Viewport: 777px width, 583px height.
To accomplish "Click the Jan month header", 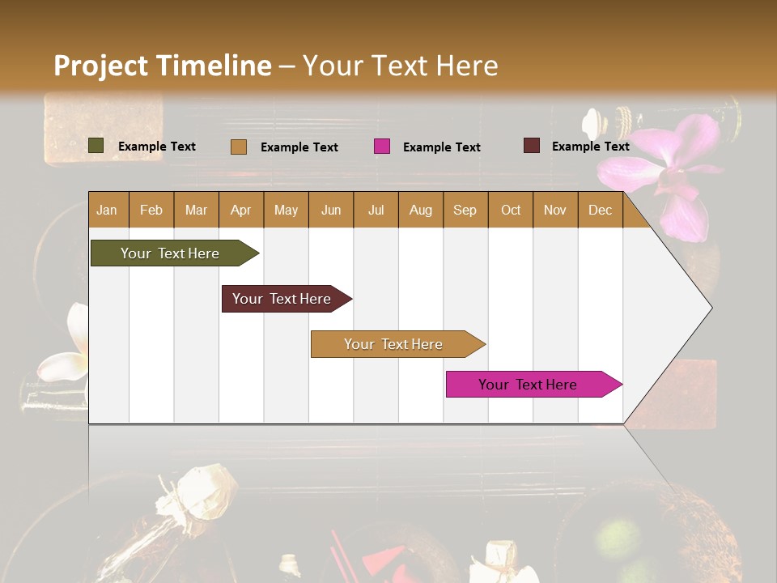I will pos(108,210).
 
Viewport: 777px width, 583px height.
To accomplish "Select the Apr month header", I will pos(241,210).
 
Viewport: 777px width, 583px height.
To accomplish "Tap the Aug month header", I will pos(420,210).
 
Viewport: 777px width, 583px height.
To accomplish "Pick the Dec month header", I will pos(600,210).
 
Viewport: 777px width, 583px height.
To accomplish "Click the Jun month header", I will pos(331,210).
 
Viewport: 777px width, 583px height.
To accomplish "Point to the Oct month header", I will pos(511,210).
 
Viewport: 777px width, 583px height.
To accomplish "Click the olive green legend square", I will pos(96,146).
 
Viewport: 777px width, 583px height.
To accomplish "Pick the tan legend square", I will pos(239,147).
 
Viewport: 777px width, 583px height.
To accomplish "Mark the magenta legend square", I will pos(382,147).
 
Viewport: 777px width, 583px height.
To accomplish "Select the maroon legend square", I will pos(532,146).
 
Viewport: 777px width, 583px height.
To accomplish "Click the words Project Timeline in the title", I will pos(162,66).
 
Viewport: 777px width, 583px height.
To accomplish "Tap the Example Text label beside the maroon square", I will pos(590,146).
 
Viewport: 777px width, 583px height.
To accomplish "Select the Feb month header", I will pos(151,210).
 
